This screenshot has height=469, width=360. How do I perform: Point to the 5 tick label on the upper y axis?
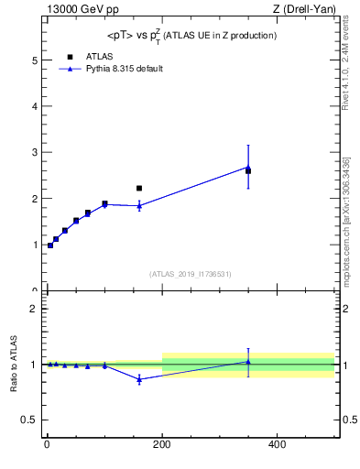click(x=34, y=60)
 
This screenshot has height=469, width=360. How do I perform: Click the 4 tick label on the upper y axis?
click(x=34, y=106)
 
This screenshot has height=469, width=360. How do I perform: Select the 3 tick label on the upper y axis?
click(x=34, y=153)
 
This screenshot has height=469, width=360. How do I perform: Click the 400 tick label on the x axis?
click(x=277, y=444)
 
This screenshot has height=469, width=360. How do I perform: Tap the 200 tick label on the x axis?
click(x=161, y=444)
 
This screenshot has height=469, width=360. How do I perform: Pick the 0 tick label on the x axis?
click(x=47, y=444)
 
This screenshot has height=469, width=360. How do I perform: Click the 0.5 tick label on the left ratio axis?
click(x=29, y=420)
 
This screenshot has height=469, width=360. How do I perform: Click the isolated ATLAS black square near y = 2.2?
click(x=139, y=188)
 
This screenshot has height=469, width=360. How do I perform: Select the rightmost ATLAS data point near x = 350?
click(x=248, y=170)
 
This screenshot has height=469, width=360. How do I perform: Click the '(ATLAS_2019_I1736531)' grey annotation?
click(x=191, y=274)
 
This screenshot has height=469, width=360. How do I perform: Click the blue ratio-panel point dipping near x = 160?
click(x=139, y=379)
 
